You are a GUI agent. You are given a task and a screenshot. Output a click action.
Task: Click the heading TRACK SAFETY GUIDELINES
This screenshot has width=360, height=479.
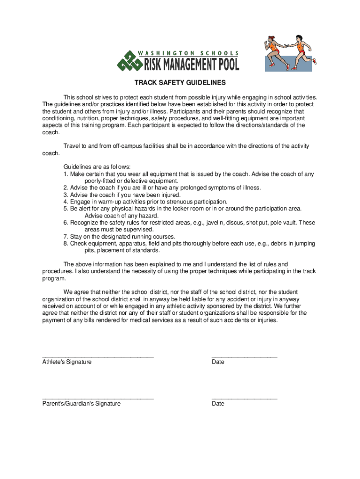[180, 83]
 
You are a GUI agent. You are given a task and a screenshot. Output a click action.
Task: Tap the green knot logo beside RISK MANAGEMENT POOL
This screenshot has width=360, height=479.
[127, 61]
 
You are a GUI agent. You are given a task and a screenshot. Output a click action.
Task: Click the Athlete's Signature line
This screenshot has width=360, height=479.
[98, 356]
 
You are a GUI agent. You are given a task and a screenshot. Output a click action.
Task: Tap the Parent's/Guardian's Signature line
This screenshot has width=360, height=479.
[98, 398]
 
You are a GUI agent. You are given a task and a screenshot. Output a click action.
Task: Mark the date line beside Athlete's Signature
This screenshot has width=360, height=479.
[244, 356]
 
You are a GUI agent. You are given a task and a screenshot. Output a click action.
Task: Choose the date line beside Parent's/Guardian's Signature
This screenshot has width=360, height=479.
[244, 398]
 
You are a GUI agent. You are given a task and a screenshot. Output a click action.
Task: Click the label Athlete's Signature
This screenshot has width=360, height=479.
[67, 362]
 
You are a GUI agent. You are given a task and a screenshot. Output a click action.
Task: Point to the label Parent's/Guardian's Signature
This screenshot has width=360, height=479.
[81, 404]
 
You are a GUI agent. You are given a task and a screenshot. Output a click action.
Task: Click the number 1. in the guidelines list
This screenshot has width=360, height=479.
[66, 174]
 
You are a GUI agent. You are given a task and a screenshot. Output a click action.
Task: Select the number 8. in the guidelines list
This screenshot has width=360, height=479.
[66, 244]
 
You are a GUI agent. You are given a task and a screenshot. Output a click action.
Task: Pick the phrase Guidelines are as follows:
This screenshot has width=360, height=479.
[97, 167]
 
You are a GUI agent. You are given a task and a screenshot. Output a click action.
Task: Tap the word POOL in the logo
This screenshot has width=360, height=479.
[226, 63]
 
